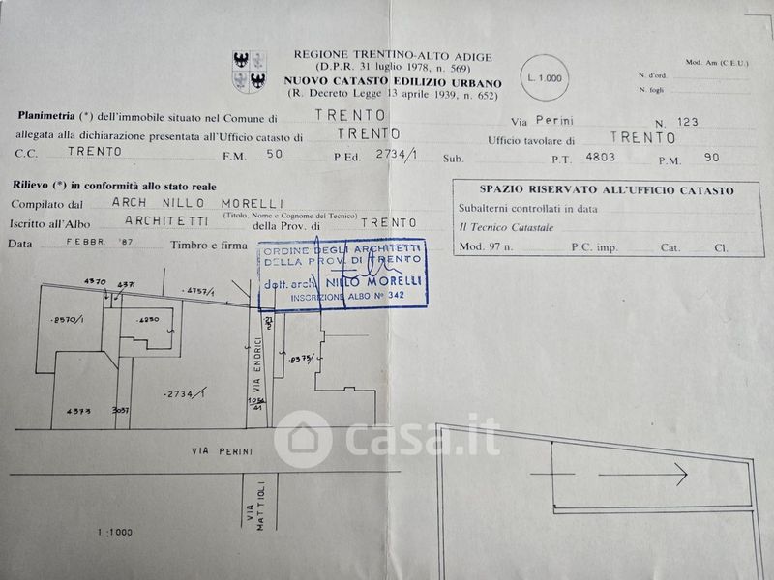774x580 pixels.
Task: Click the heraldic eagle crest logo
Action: pos(250,70)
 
